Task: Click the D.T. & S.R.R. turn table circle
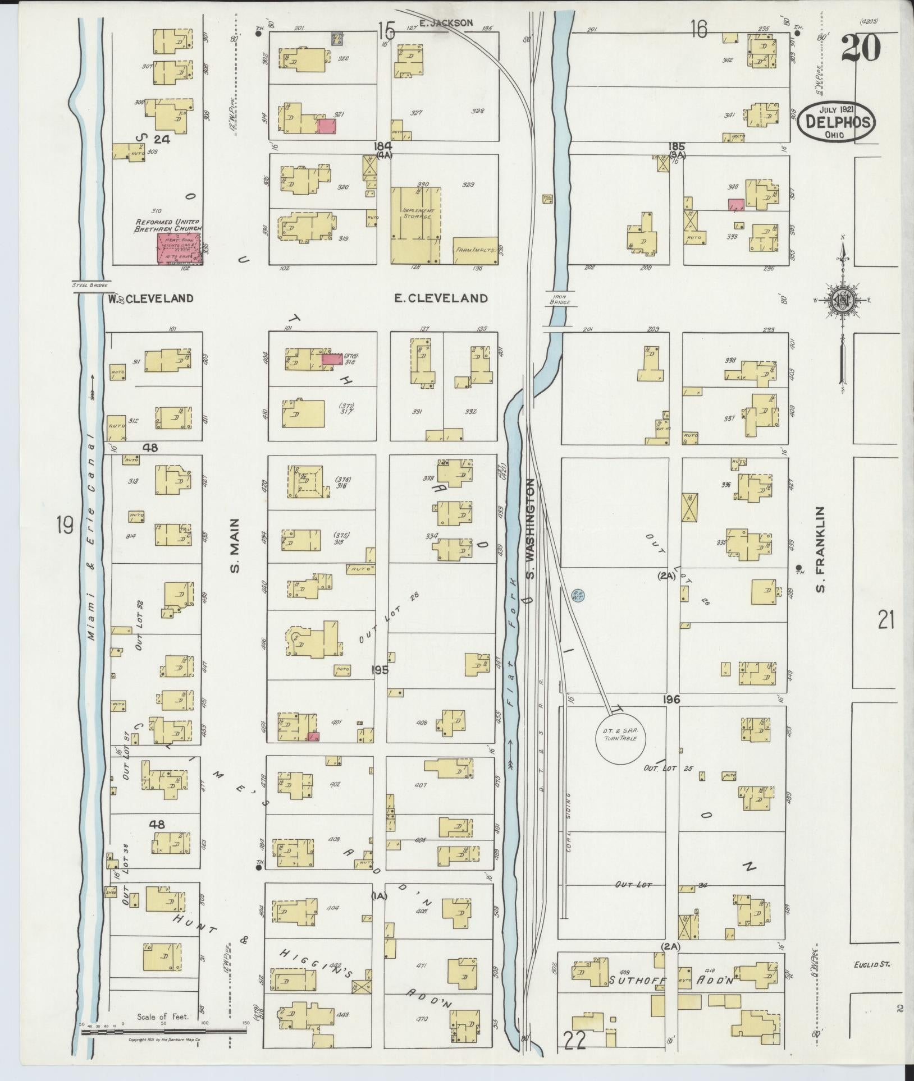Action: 620,738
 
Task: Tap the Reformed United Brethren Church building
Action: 180,249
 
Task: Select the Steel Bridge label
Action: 91,284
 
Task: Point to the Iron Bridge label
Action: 560,298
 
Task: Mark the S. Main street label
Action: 235,545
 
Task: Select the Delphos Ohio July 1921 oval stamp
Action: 837,122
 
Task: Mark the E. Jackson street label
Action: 446,23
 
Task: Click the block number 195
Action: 380,669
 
